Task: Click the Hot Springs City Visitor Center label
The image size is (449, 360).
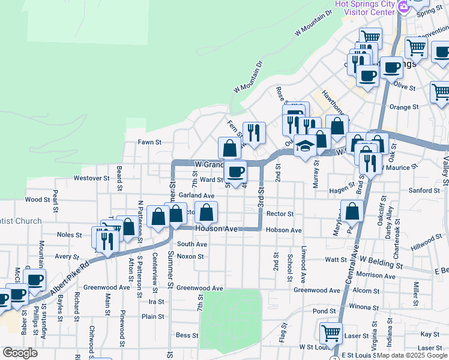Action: pos(364,8)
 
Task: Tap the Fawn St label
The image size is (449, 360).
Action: pos(150,142)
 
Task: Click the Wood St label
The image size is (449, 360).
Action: pos(37,200)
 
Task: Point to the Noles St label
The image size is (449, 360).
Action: pos(68,235)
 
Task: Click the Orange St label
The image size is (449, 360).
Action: pos(403,107)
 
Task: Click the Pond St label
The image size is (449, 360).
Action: pos(324,311)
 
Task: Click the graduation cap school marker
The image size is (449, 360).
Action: pos(306,147)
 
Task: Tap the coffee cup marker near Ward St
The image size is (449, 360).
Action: pos(236,172)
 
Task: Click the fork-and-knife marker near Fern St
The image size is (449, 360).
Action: pos(254,133)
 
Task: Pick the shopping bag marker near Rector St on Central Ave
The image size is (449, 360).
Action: pos(352,211)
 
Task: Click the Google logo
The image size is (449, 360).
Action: pos(20,353)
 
